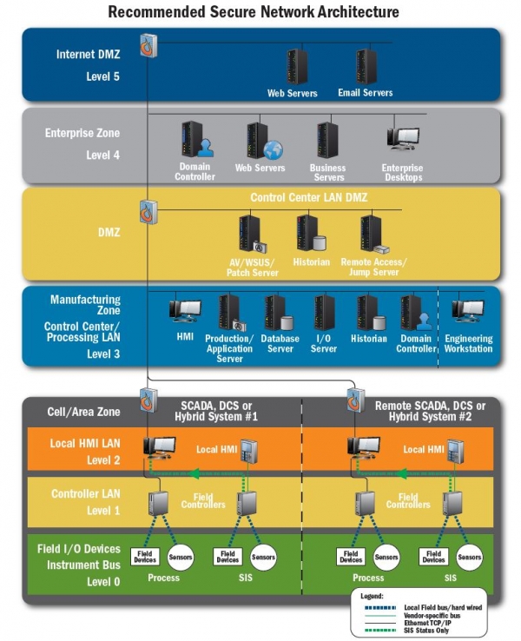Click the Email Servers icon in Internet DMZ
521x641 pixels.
pos(366,67)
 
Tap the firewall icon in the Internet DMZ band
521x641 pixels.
pos(148,45)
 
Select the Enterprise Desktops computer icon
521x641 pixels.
pos(403,139)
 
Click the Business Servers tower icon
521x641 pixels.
pos(326,140)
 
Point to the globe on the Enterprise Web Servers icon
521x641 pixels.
pos(273,150)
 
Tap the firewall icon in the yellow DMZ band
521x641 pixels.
pos(148,212)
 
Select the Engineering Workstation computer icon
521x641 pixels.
pos(468,311)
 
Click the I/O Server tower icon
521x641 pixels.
pos(324,313)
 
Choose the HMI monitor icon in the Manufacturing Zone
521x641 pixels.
pos(185,311)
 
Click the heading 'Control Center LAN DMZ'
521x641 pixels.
pos(308,197)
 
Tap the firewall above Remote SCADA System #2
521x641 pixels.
pos(355,400)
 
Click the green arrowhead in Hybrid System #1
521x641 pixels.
pos(196,473)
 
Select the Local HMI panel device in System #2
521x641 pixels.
pos(455,452)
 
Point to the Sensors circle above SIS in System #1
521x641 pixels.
pos(263,558)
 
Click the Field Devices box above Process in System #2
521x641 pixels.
pos(351,557)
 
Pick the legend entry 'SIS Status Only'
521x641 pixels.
pos(425,631)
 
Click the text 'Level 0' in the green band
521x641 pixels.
pos(103,582)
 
